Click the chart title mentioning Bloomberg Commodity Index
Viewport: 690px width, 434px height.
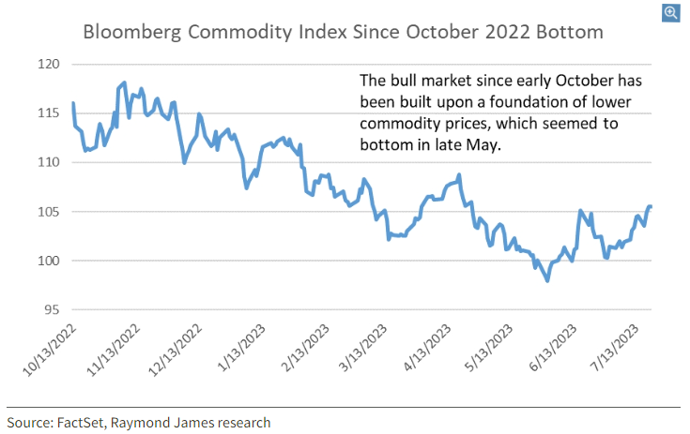pyautogui.click(x=344, y=31)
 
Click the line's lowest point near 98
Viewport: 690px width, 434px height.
pyautogui.click(x=546, y=280)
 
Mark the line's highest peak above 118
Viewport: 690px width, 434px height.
pyautogui.click(x=125, y=82)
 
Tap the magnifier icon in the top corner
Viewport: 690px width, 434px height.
pyautogui.click(x=671, y=12)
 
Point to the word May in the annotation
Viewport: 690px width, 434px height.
pyautogui.click(x=490, y=145)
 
